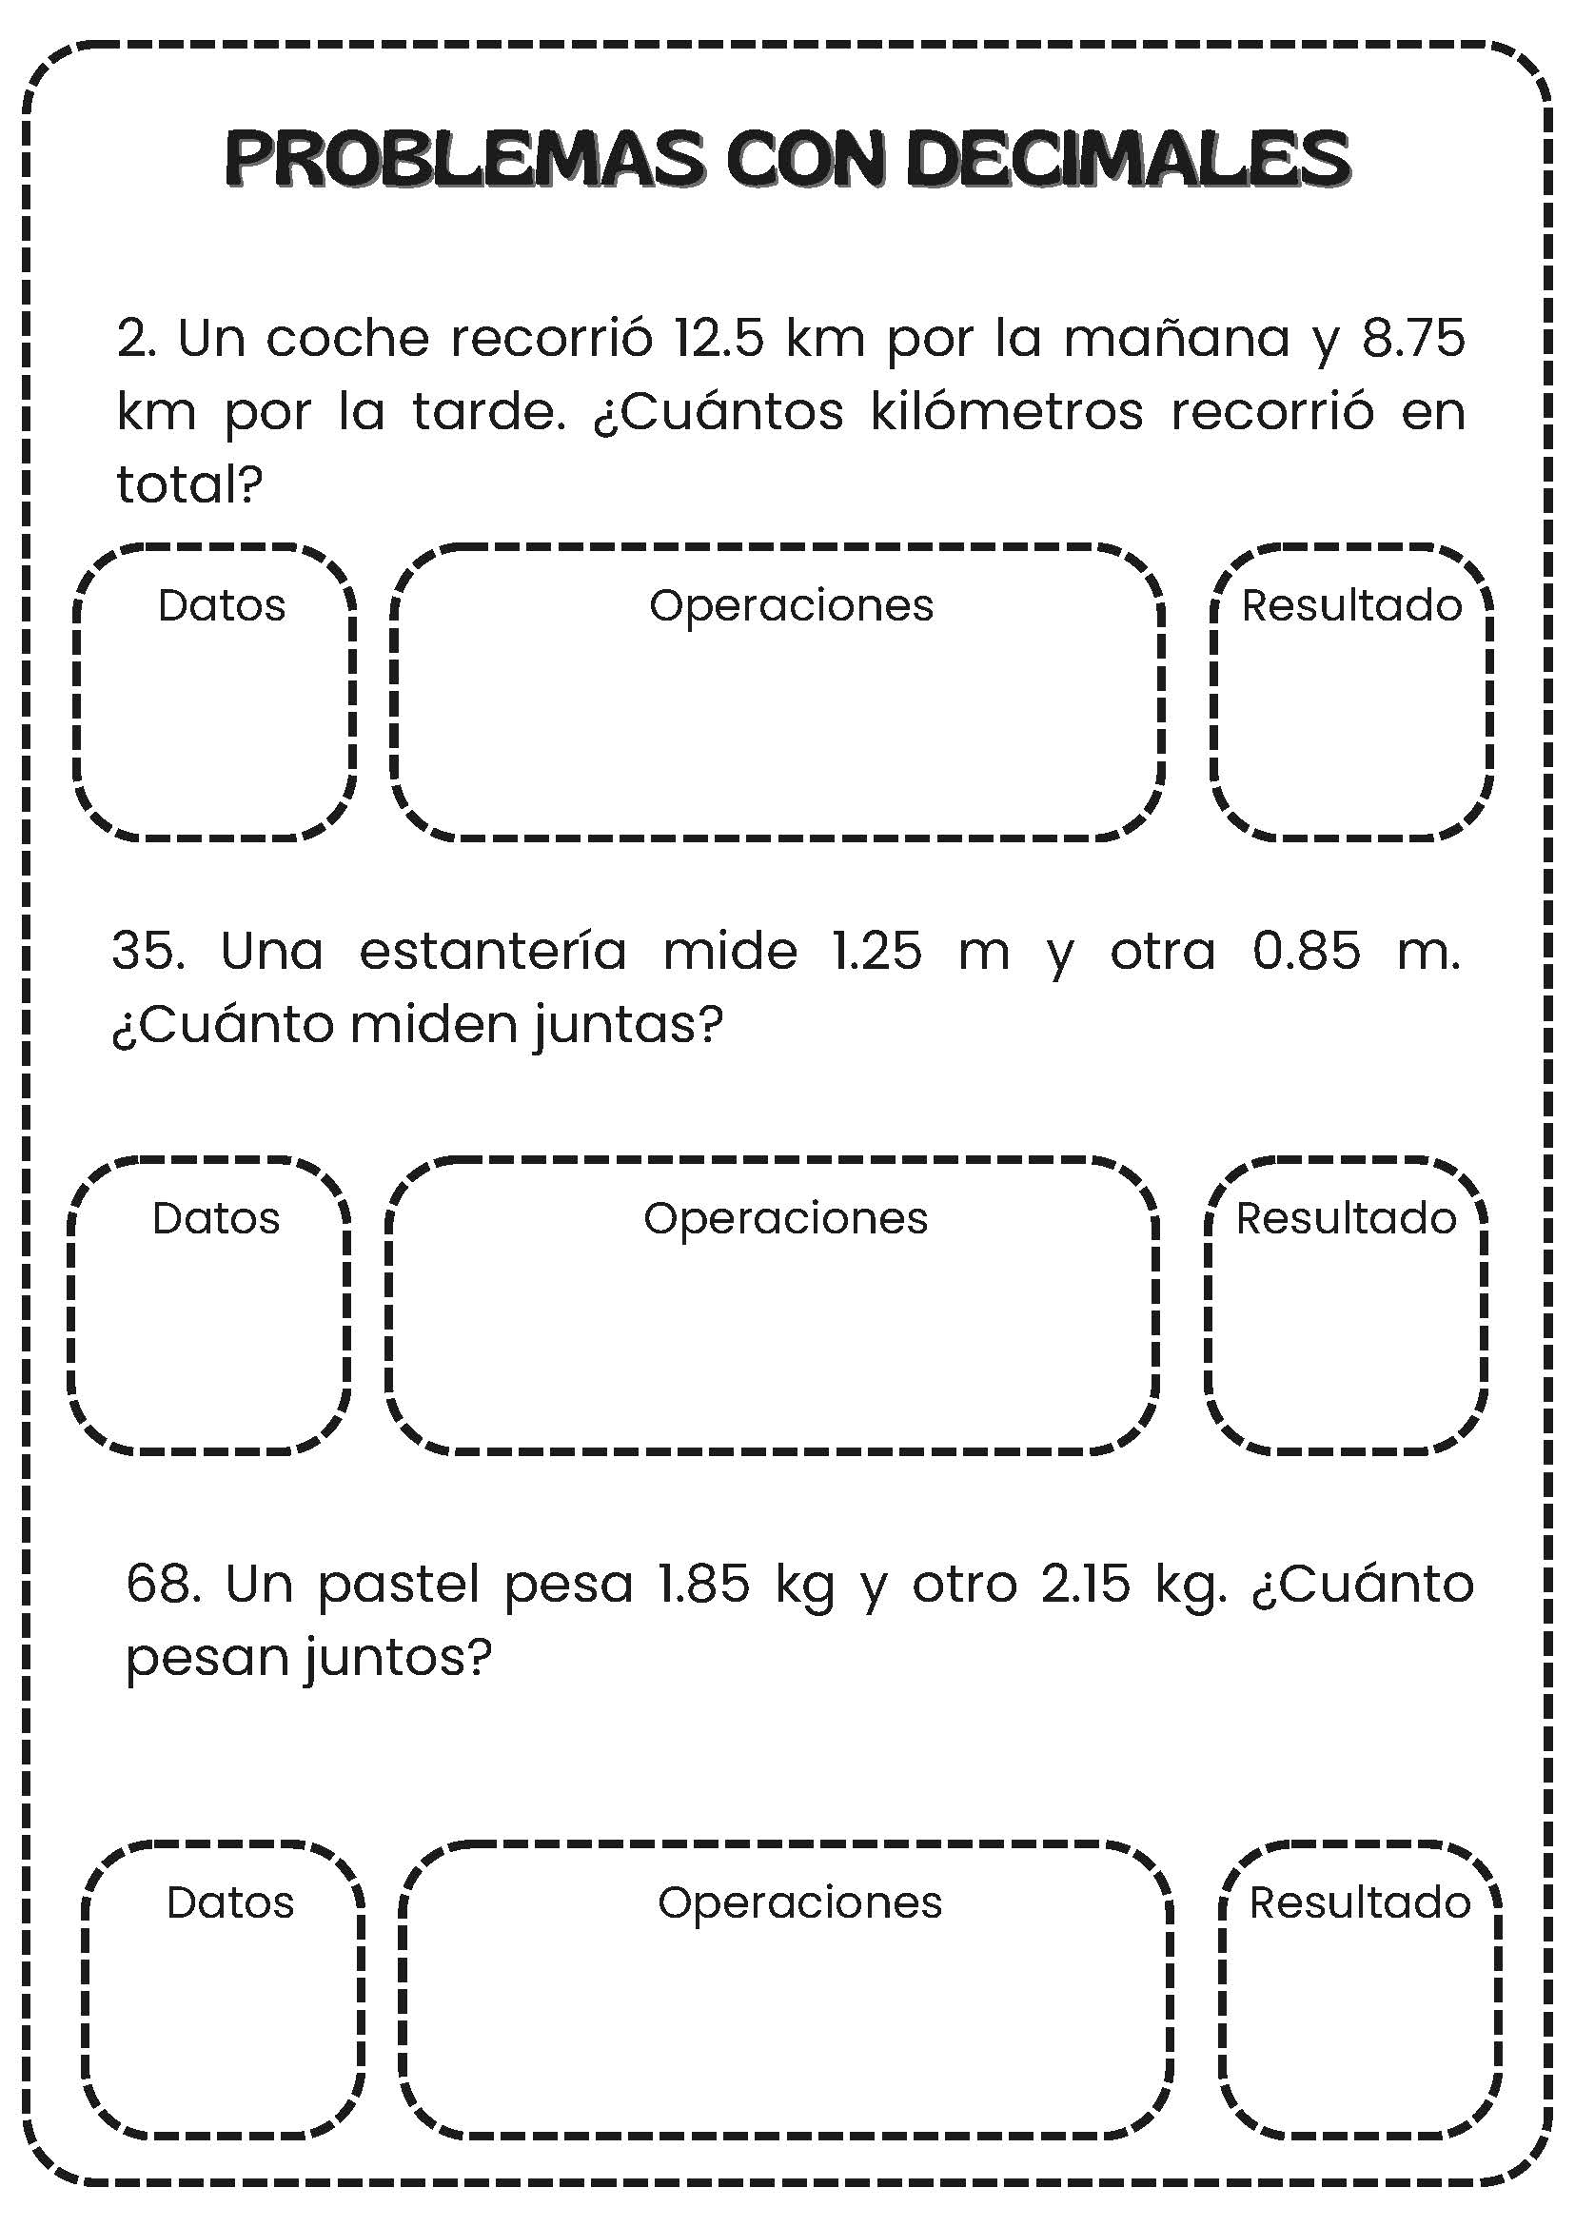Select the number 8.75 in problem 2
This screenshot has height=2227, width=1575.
tap(1413, 339)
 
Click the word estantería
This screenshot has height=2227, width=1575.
tap(493, 951)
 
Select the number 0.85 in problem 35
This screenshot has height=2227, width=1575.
tap(1307, 951)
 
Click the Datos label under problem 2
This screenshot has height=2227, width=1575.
tap(221, 605)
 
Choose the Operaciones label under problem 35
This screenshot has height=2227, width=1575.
tap(785, 1218)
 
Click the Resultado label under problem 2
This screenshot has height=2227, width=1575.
tap(1352, 605)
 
